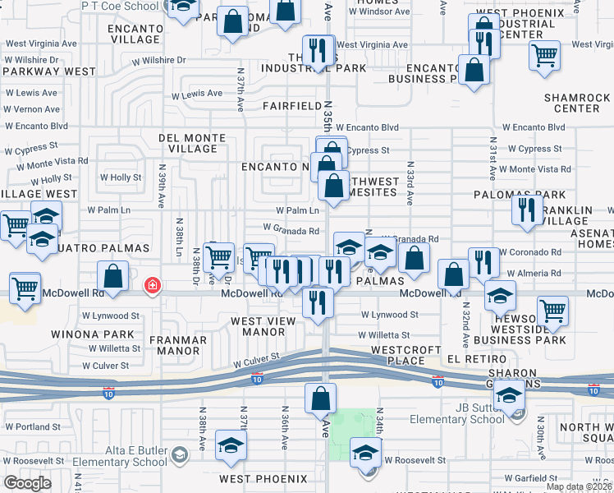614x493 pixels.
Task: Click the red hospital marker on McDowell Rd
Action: (152, 286)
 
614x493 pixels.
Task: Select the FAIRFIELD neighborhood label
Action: (292, 106)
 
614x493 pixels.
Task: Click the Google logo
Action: (27, 483)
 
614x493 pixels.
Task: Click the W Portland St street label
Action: (33, 427)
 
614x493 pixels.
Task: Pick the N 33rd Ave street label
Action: (408, 187)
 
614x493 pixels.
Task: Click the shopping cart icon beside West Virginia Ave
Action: (544, 57)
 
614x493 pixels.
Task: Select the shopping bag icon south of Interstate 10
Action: (320, 399)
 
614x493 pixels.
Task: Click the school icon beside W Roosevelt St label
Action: (365, 453)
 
